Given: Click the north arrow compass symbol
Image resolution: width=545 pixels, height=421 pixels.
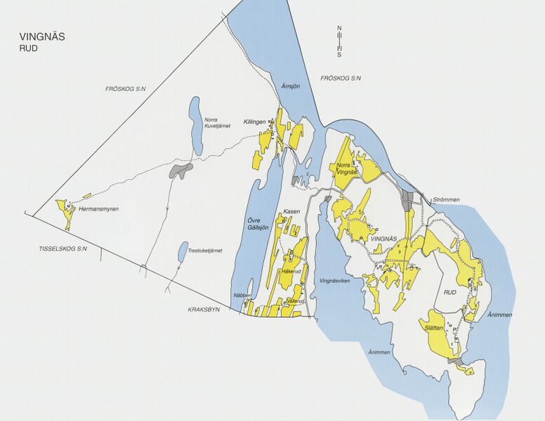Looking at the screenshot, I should (339, 41).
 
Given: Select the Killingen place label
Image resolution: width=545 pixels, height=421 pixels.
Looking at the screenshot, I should (254, 121).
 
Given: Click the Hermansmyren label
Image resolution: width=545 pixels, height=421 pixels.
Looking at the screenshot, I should (98, 209).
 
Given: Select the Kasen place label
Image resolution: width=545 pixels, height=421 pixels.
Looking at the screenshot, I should (291, 211).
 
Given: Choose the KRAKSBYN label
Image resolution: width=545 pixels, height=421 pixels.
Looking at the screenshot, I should (204, 309).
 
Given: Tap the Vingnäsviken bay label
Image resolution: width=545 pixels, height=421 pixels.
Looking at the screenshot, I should (334, 280).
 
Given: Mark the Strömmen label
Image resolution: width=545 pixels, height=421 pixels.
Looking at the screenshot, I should (446, 199).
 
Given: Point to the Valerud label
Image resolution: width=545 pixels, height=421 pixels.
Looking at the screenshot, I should (296, 301).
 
